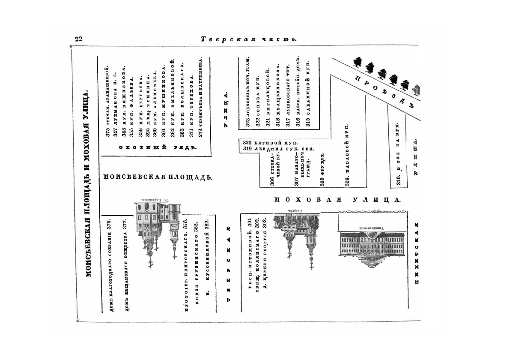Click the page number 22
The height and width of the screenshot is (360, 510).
pyautogui.click(x=78, y=39)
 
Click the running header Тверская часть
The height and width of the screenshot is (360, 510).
pyautogui.click(x=249, y=39)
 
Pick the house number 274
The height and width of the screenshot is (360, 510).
pyautogui.click(x=200, y=133)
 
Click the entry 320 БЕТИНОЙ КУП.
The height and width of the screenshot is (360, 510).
pyautogui.click(x=270, y=143)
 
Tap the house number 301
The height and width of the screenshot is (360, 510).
pyautogui.click(x=250, y=223)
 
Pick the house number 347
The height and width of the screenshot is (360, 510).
pyautogui.click(x=116, y=132)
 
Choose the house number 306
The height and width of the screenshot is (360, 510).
pyautogui.click(x=272, y=182)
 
